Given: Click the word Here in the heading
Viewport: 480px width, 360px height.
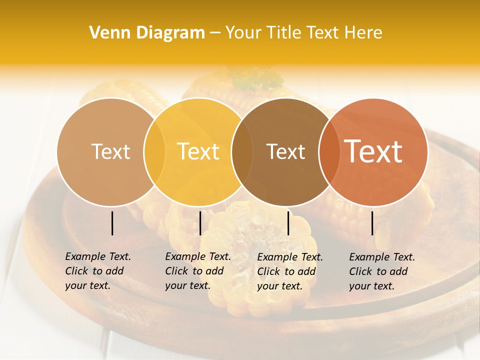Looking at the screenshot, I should [363, 33].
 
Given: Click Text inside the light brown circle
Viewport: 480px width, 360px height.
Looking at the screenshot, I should [110, 151].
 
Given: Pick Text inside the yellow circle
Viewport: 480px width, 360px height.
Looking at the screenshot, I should [198, 151].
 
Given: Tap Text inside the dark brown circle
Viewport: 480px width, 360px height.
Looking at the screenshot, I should [286, 151].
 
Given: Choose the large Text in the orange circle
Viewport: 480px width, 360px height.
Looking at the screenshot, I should [373, 151].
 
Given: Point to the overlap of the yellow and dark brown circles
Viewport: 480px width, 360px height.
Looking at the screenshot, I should [242, 152].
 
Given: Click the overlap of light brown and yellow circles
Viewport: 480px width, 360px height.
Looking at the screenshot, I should [155, 152].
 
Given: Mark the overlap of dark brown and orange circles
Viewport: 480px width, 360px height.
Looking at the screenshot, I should [329, 152].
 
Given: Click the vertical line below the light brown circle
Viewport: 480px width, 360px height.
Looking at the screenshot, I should [112, 223].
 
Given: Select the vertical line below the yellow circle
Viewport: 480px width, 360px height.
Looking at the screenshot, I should [200, 223].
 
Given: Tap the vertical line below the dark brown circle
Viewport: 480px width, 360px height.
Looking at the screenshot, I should [288, 223].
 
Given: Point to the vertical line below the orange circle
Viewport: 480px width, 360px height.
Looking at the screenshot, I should [372, 223].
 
